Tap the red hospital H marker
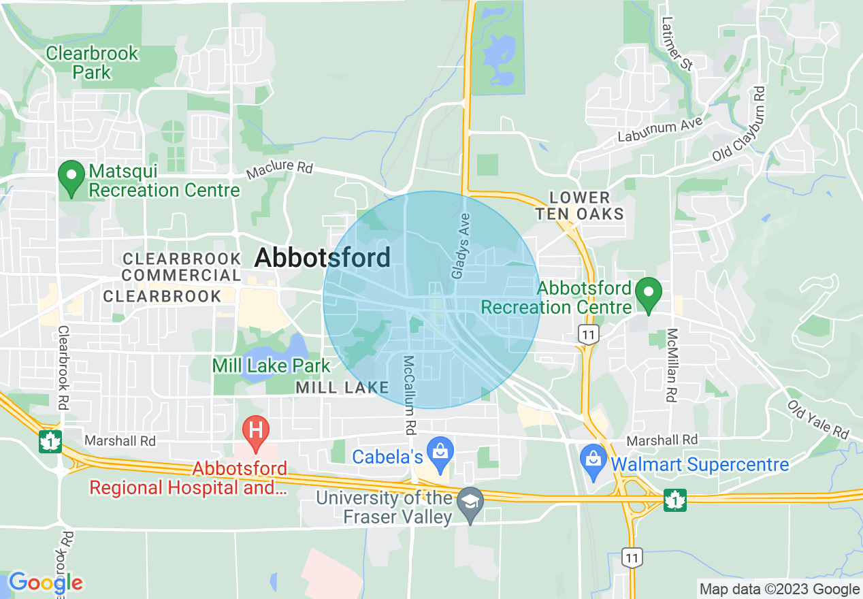coord(256,432)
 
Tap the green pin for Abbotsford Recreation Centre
coord(649,294)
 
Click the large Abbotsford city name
coord(323,258)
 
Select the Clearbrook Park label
coord(92,62)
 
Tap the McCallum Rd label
coord(409,395)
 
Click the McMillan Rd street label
coord(672,365)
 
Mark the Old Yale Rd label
coord(819,419)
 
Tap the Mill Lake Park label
coord(271,366)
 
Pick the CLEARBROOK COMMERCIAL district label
coord(182,267)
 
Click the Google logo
coord(46,583)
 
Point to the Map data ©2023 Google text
coord(780,589)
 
